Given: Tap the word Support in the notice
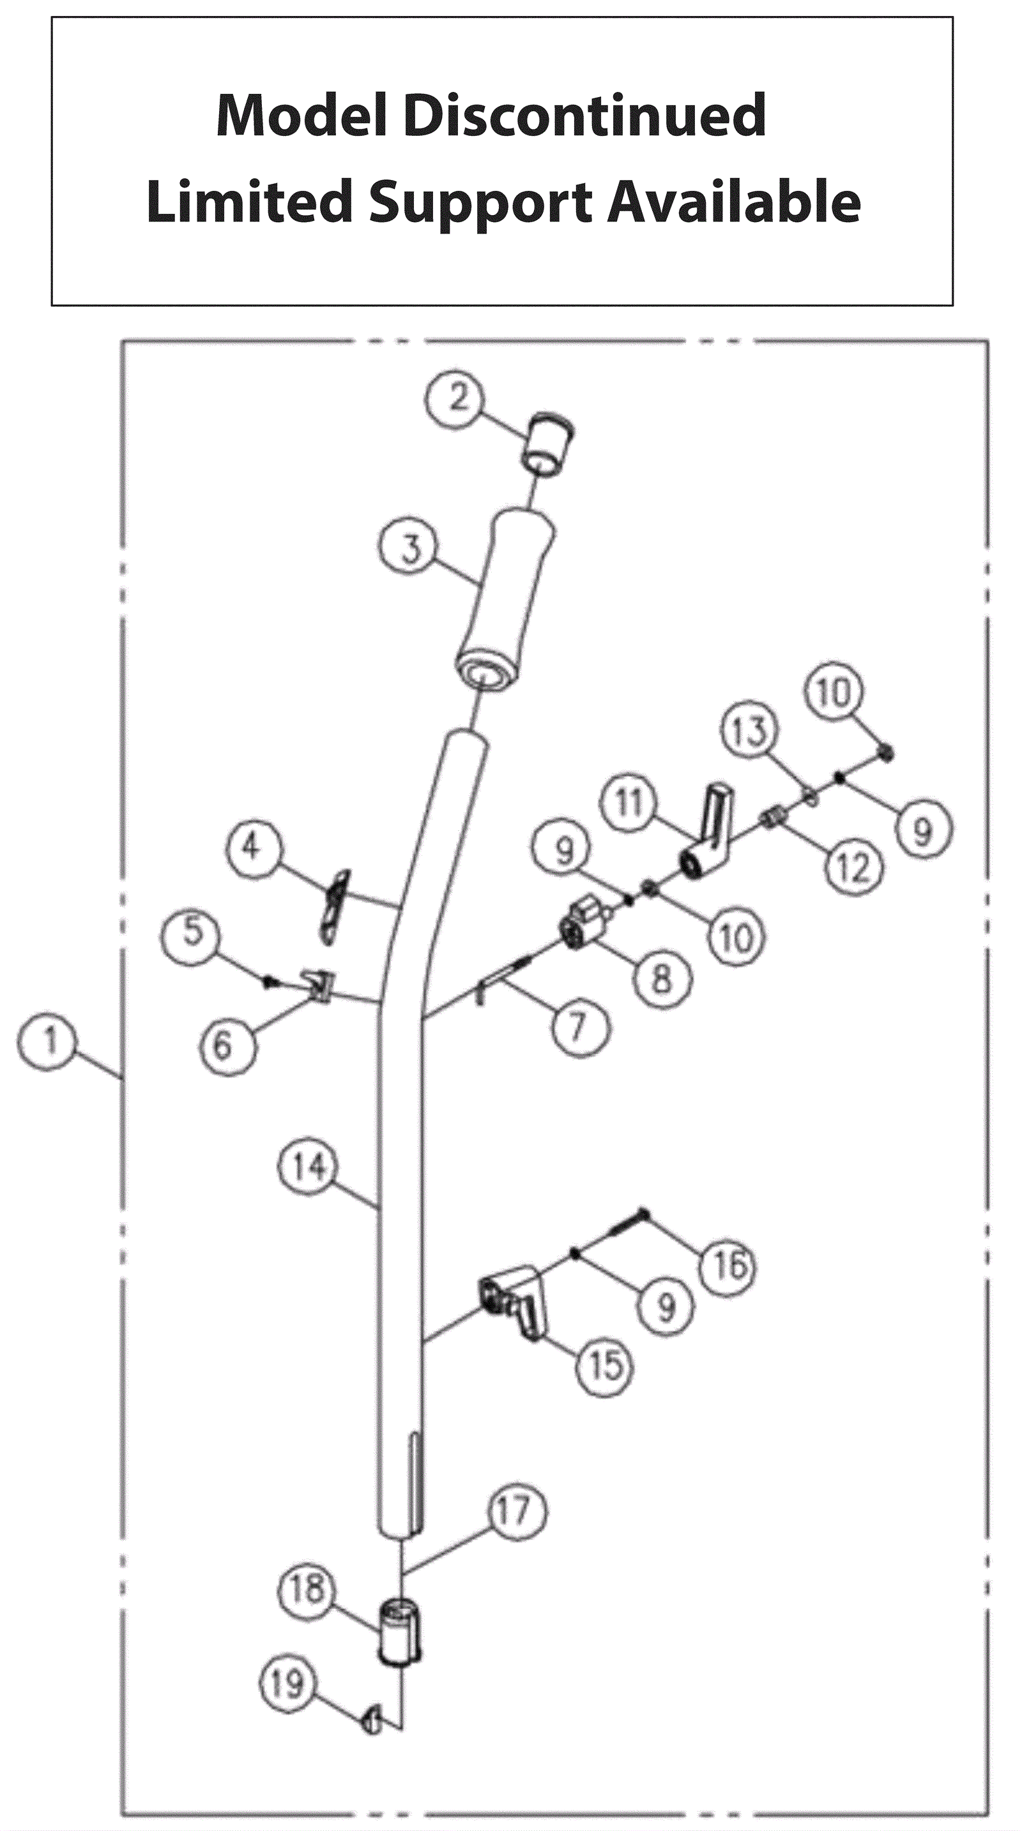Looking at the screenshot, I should (479, 202).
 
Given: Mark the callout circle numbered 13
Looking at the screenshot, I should (750, 731).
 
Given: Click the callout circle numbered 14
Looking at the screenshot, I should (308, 1167).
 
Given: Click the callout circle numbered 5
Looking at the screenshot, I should (192, 932).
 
